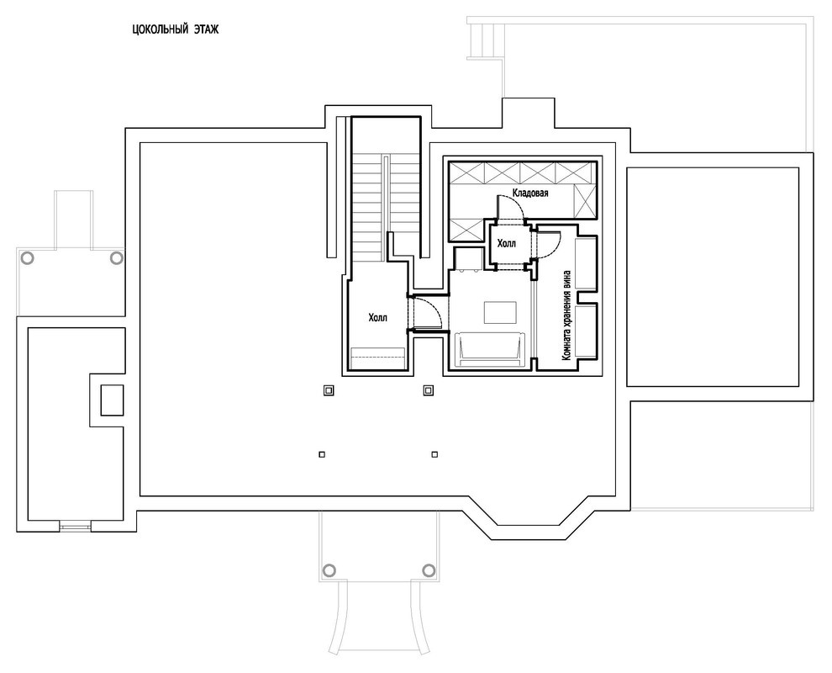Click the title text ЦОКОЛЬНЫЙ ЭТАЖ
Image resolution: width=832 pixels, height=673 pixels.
[x=175, y=29]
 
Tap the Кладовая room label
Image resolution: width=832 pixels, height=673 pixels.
[x=530, y=193]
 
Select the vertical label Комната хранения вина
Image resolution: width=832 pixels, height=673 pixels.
[x=567, y=315]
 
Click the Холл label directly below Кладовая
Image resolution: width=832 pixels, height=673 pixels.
[x=506, y=244]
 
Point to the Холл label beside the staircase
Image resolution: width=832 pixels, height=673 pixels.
[x=378, y=318]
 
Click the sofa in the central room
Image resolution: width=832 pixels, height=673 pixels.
[x=490, y=349]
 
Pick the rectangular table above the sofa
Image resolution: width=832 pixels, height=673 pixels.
[x=500, y=312]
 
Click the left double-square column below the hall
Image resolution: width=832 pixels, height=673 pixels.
[x=329, y=391]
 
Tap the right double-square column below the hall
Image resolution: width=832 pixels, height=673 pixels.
[x=429, y=391]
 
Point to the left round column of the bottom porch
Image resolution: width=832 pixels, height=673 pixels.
[x=329, y=570]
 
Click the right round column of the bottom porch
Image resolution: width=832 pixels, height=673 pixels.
[x=429, y=570]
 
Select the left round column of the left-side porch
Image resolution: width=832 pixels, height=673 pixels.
[x=27, y=258]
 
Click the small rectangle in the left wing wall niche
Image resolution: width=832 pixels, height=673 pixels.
[x=112, y=400]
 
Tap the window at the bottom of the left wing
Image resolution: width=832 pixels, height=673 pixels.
[x=76, y=526]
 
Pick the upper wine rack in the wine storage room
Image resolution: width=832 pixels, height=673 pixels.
[x=587, y=264]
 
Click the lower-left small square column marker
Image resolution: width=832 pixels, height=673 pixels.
[x=322, y=454]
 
